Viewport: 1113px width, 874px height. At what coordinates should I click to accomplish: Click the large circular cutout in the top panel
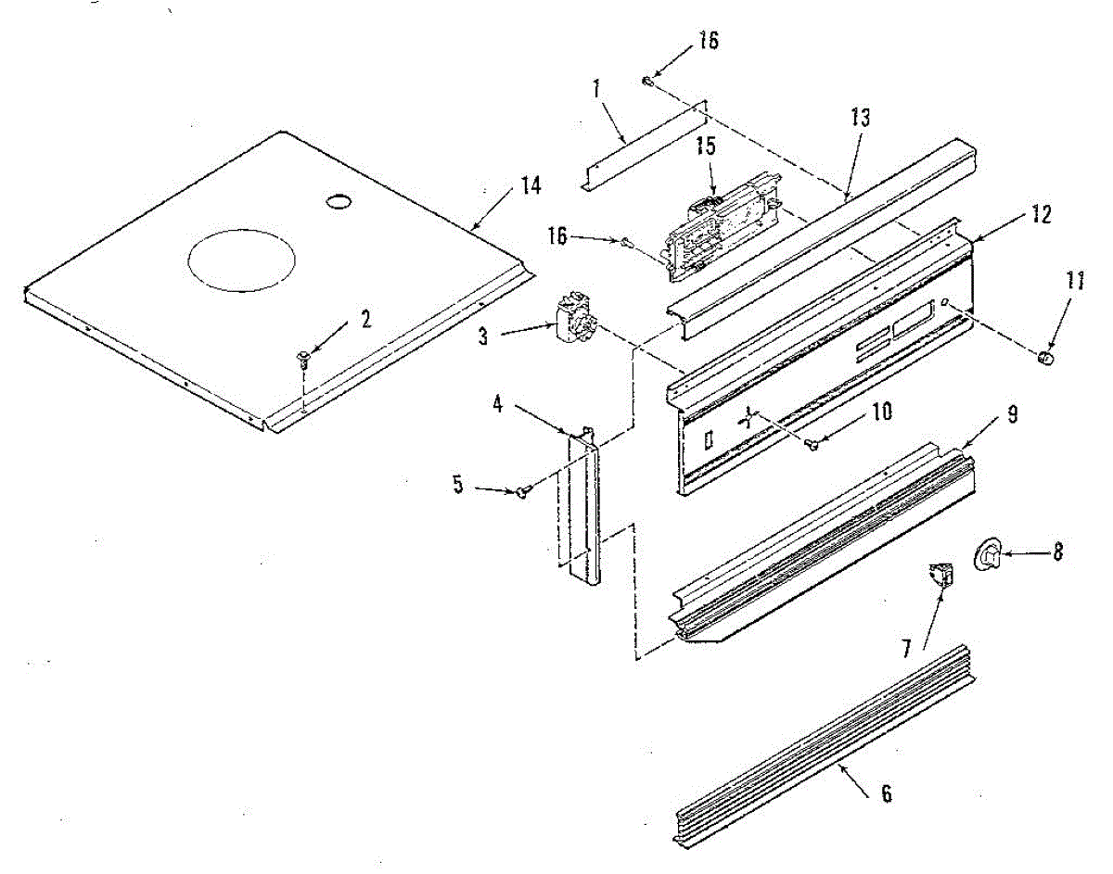coord(241,255)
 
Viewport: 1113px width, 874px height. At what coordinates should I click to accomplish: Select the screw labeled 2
coord(303,358)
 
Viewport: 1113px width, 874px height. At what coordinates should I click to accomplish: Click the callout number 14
coord(530,184)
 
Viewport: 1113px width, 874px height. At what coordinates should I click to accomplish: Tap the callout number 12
coord(1040,214)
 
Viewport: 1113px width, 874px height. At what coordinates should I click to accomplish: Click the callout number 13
coord(860,118)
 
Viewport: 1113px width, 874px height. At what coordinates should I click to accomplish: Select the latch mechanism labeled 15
coord(719,218)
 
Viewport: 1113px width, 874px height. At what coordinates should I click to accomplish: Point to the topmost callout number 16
coord(709,41)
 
